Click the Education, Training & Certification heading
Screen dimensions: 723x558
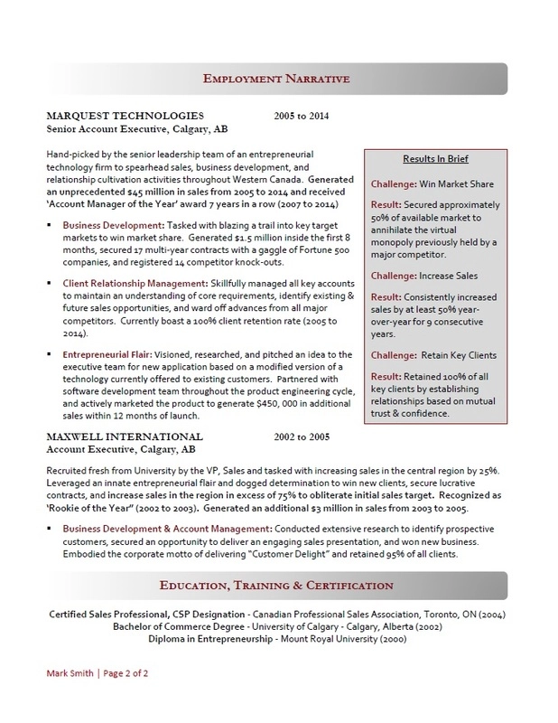278,586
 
